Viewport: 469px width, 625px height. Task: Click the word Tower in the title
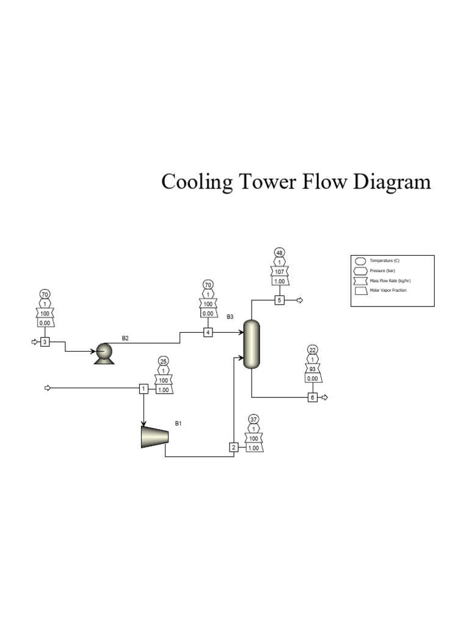pyautogui.click(x=265, y=182)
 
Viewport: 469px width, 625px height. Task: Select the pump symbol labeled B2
pyautogui.click(x=103, y=353)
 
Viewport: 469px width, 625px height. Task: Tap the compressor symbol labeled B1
pyautogui.click(x=155, y=436)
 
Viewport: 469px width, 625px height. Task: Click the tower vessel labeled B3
pyautogui.click(x=252, y=345)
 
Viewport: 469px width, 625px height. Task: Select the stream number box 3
pyautogui.click(x=45, y=342)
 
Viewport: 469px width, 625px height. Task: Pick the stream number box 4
pyautogui.click(x=208, y=333)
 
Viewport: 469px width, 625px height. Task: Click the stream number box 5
pyautogui.click(x=279, y=300)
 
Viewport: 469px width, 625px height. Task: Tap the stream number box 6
pyautogui.click(x=313, y=397)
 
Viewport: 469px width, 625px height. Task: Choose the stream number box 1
pyautogui.click(x=144, y=388)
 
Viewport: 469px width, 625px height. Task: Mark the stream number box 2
pyautogui.click(x=233, y=447)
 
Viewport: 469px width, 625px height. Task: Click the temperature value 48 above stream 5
pyautogui.click(x=279, y=253)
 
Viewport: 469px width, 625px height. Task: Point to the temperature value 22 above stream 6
pyautogui.click(x=313, y=350)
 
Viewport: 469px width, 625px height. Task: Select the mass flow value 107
pyautogui.click(x=279, y=272)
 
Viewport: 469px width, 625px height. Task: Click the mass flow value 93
pyautogui.click(x=313, y=369)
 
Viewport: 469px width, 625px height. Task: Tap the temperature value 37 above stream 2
pyautogui.click(x=253, y=419)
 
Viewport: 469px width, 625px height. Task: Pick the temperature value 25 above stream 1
pyautogui.click(x=164, y=361)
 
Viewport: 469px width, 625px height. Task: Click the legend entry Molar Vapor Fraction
pyautogui.click(x=388, y=291)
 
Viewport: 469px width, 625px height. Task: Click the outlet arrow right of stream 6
pyautogui.click(x=325, y=397)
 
